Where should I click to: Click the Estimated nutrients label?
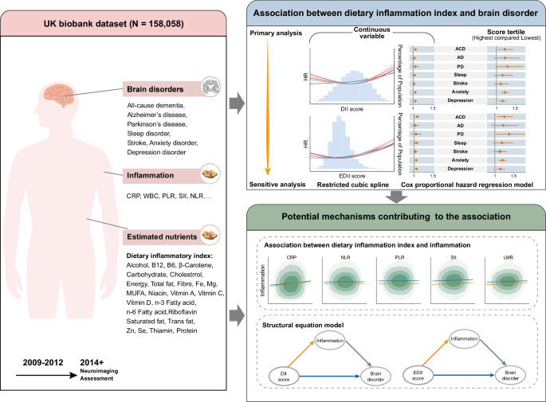(160, 236)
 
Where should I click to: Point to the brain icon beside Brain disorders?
(212, 88)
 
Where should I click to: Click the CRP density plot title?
(293, 258)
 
